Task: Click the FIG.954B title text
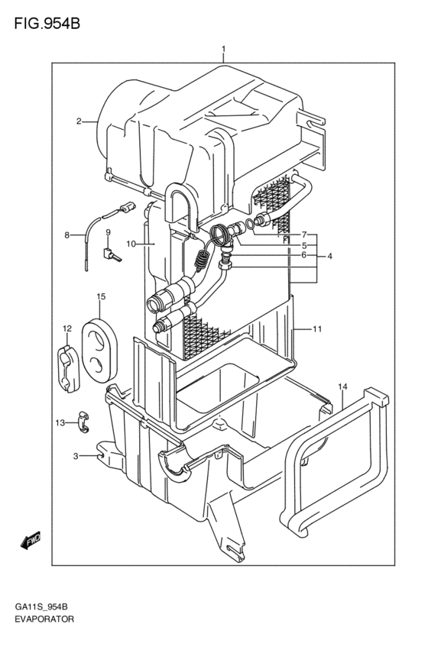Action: coord(47,24)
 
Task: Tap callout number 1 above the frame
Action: coord(223,50)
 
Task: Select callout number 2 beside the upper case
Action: coord(79,121)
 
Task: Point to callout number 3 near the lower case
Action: coord(76,457)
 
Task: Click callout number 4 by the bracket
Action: coord(329,256)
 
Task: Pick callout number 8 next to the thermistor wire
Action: coord(66,235)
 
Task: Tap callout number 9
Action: coord(108,231)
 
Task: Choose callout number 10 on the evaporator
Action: coord(131,244)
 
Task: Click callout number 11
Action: coord(317,329)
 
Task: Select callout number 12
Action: coord(67,328)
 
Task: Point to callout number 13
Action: coord(60,423)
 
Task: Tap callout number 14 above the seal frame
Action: coord(342,386)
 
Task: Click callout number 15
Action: coord(101,296)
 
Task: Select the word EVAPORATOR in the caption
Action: coord(44,619)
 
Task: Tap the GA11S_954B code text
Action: coord(41,607)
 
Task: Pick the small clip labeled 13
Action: coord(84,422)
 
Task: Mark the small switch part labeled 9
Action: coord(112,254)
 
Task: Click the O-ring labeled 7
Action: coord(250,225)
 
